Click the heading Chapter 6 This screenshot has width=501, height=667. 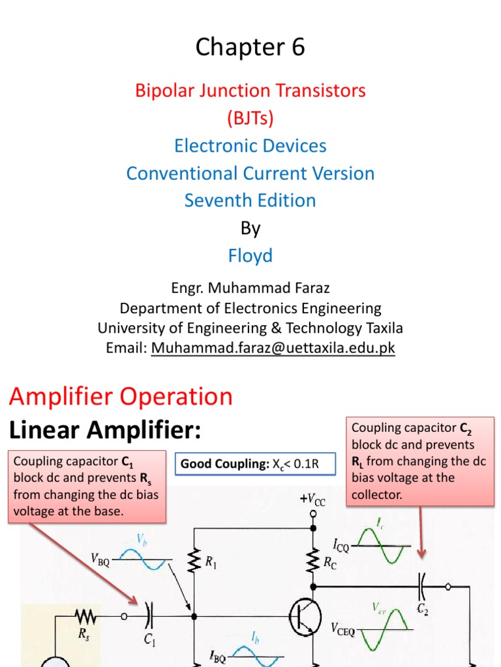tap(250, 48)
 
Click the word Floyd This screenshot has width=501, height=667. tap(250, 255)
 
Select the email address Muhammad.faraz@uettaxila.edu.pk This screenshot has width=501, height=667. tap(273, 348)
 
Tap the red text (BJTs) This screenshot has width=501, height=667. tap(250, 118)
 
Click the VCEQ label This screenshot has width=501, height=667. tap(343, 629)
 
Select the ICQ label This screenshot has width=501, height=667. tap(340, 548)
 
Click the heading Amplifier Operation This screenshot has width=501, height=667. tap(120, 397)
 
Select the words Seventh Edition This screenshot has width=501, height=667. tap(250, 201)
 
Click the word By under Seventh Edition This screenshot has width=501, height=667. tap(250, 228)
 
